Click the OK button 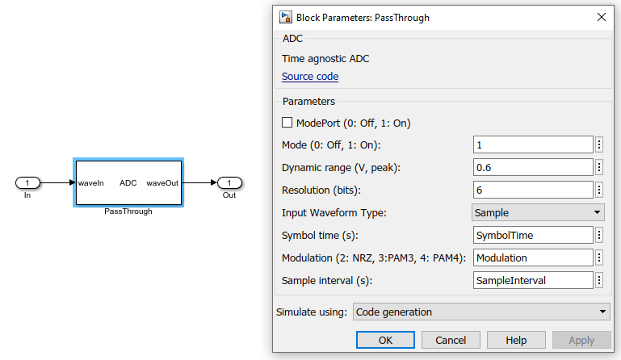pyautogui.click(x=385, y=340)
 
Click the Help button pyautogui.click(x=516, y=340)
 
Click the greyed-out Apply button pyautogui.click(x=581, y=340)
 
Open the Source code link pyautogui.click(x=310, y=77)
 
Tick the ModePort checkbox pyautogui.click(x=287, y=123)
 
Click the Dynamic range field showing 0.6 pyautogui.click(x=533, y=167)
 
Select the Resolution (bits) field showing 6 pyautogui.click(x=533, y=190)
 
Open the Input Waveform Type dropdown pyautogui.click(x=538, y=212)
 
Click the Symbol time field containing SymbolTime pyautogui.click(x=533, y=235)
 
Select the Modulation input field pyautogui.click(x=533, y=257)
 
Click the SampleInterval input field pyautogui.click(x=533, y=280)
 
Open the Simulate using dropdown pyautogui.click(x=481, y=312)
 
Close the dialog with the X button pyautogui.click(x=601, y=16)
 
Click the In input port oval pyautogui.click(x=27, y=182)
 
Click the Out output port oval pyautogui.click(x=229, y=182)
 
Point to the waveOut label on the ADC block pyautogui.click(x=162, y=183)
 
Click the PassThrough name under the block pyautogui.click(x=128, y=211)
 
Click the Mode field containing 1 pyautogui.click(x=533, y=144)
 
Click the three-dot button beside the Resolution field pyautogui.click(x=599, y=190)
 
